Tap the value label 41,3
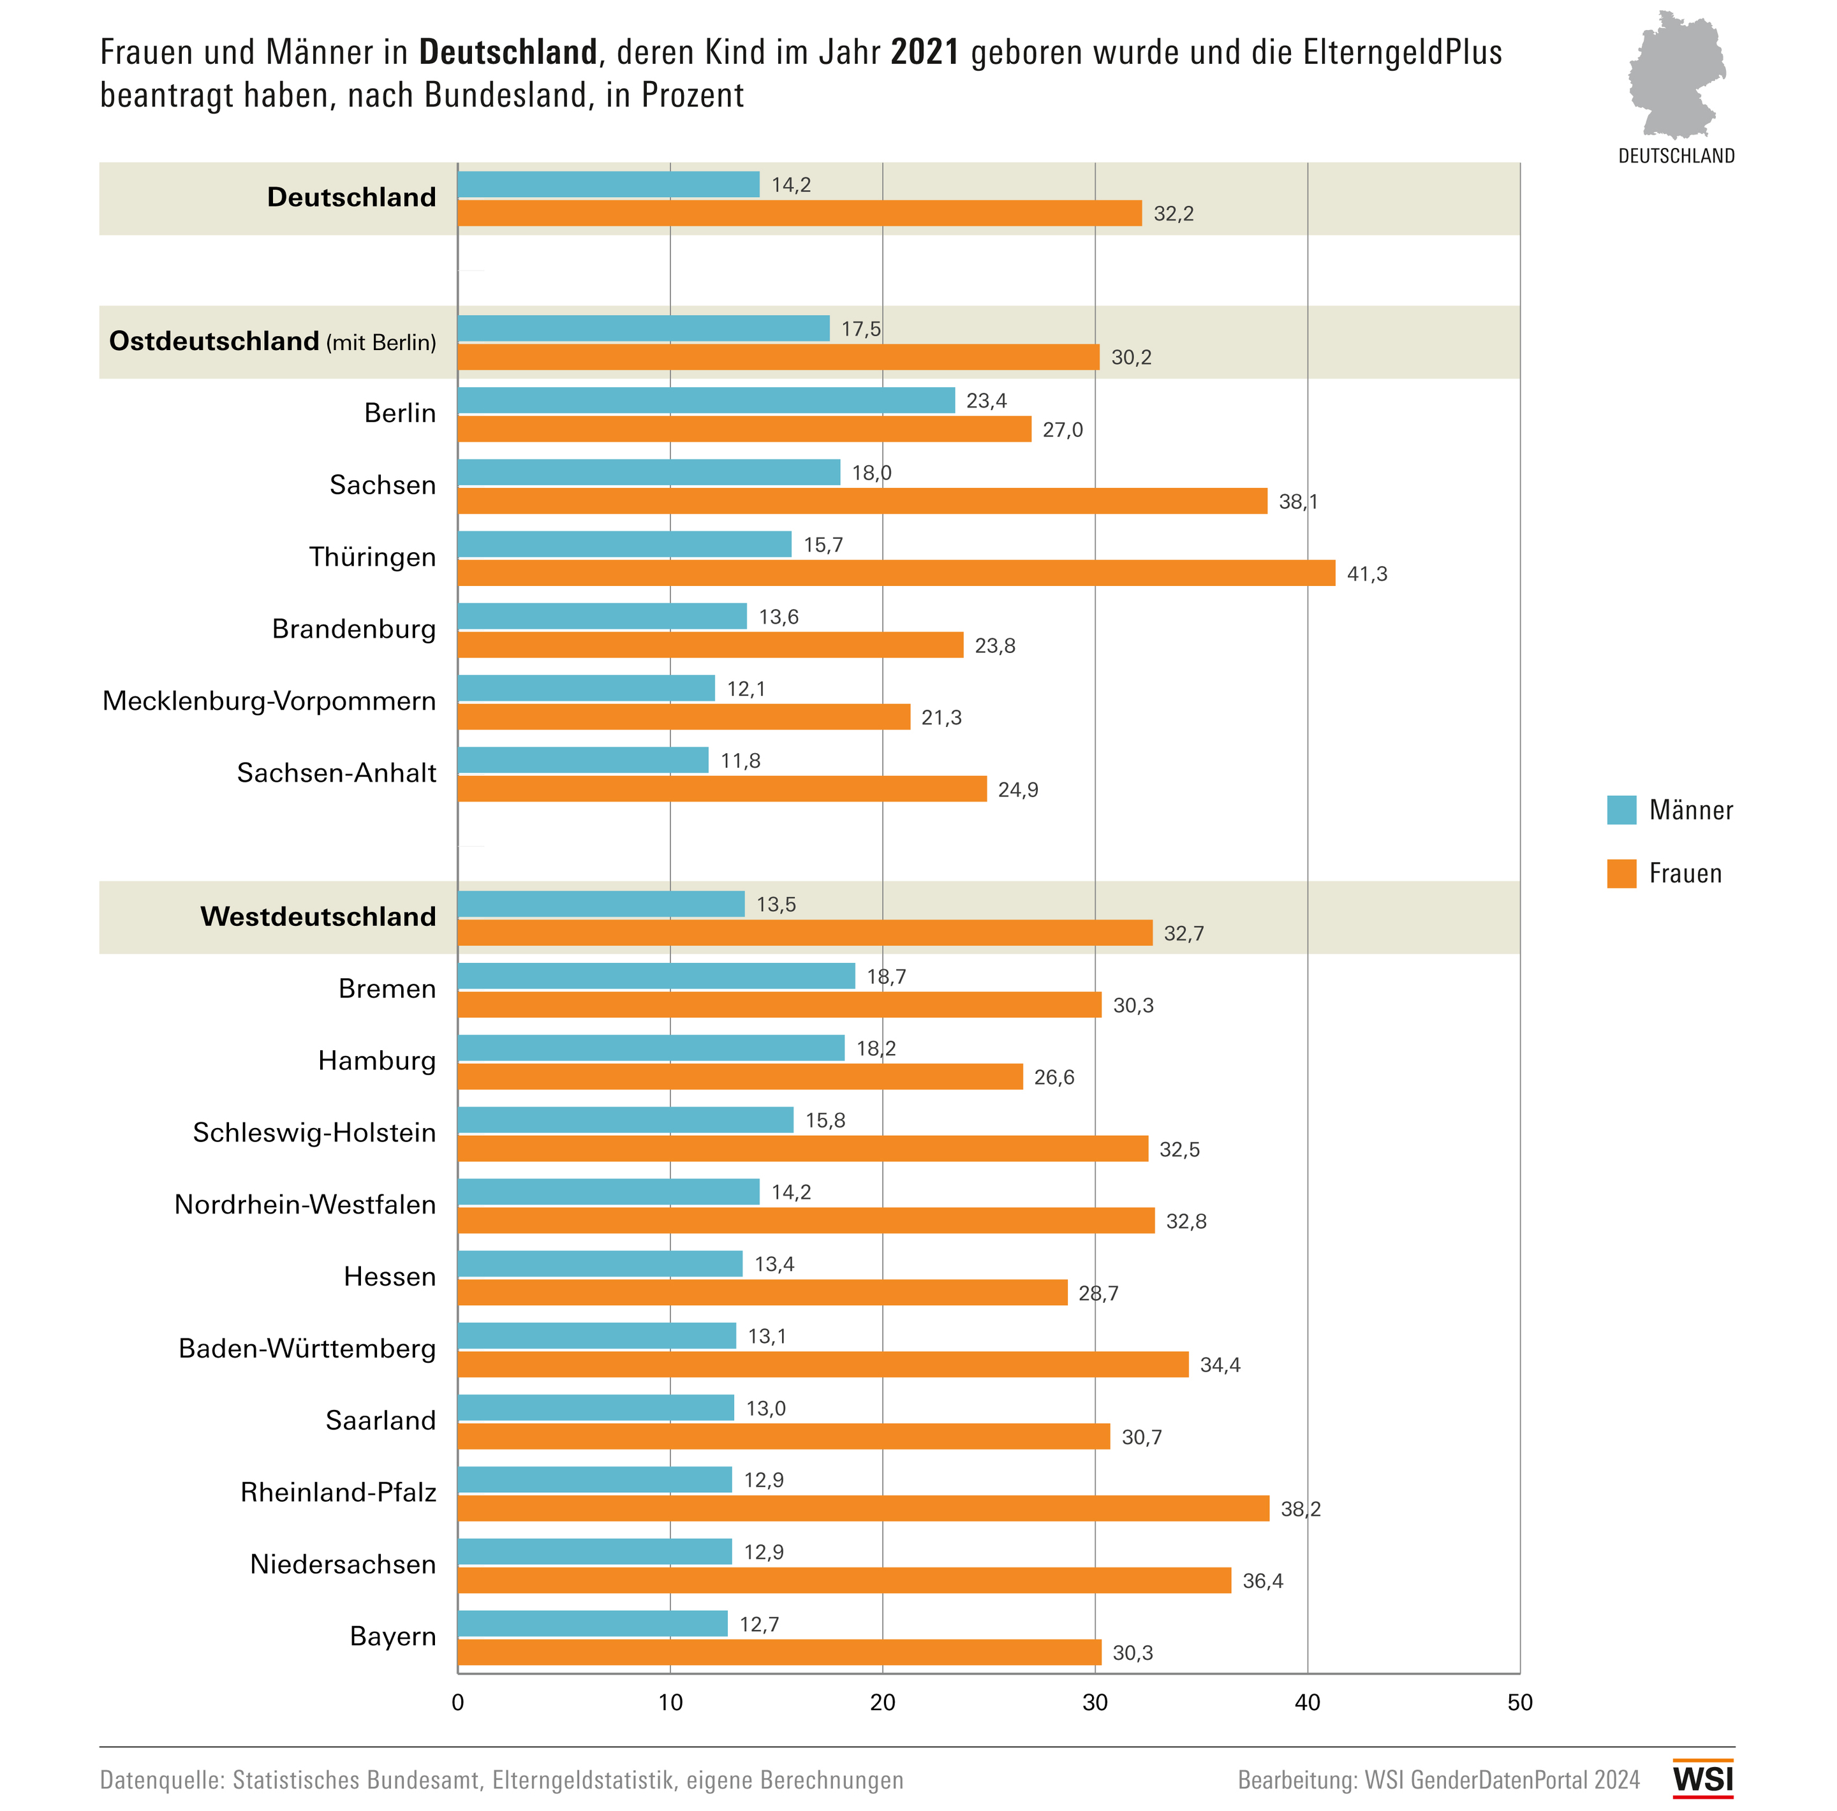1366,574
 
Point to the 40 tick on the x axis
1308,1703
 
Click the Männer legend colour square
1621,810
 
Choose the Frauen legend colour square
1621,874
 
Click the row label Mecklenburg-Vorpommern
269,701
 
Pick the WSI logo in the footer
1703,1778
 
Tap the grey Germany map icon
1676,74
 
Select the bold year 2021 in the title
924,52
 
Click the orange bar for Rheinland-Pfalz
864,1509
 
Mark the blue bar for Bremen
656,976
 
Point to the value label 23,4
986,401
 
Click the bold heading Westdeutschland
318,916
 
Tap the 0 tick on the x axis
457,1703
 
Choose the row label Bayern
393,1636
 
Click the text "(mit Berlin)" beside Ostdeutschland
381,342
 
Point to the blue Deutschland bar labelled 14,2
609,184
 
